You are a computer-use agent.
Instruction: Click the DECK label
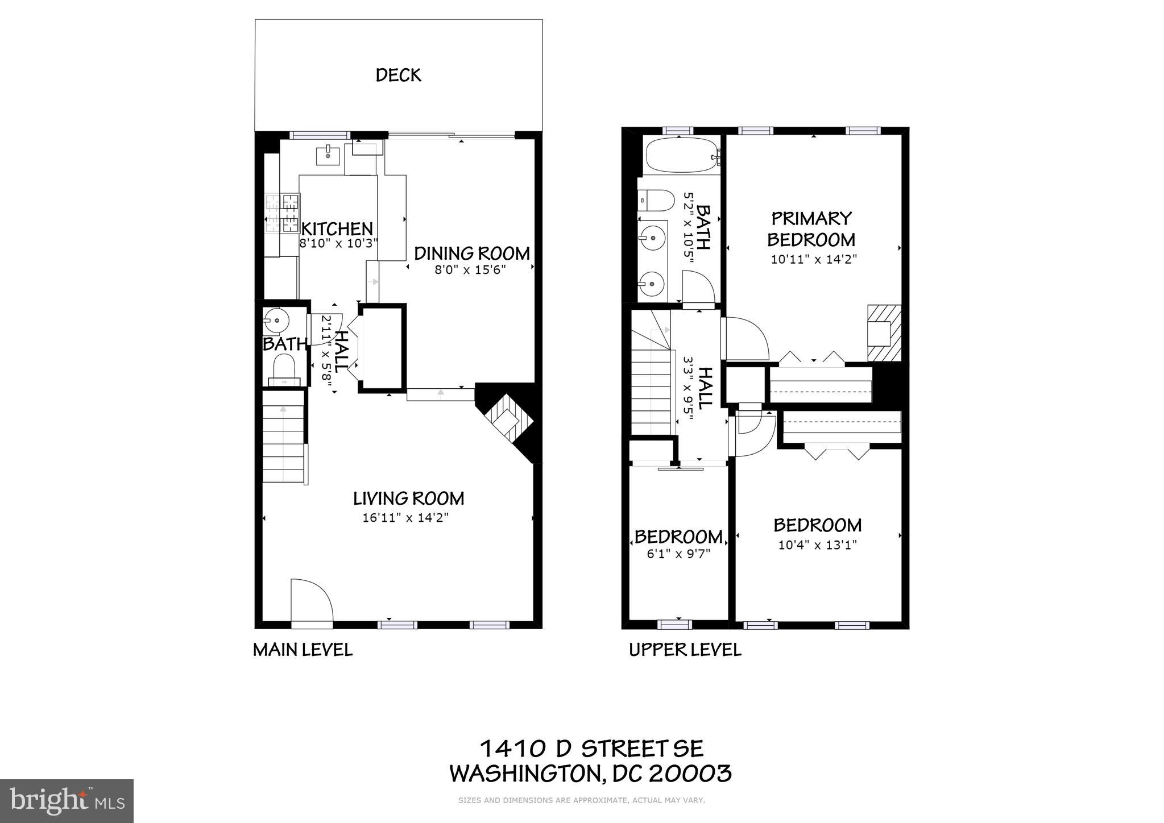[x=398, y=75]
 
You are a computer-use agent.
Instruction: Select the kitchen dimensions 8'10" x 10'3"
[x=338, y=243]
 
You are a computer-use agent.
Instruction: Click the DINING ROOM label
[x=471, y=253]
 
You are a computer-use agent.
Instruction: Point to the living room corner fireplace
[x=506, y=421]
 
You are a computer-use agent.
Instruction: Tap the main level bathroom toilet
[x=283, y=368]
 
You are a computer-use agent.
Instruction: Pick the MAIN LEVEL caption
[x=303, y=650]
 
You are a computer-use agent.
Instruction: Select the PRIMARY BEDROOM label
[x=811, y=228]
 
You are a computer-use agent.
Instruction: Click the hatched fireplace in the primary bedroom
[x=884, y=333]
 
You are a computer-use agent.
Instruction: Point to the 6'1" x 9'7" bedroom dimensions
[x=678, y=554]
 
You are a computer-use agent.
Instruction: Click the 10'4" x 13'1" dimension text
[x=817, y=545]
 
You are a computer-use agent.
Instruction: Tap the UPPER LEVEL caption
[x=685, y=650]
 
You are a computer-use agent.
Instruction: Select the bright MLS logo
[x=67, y=801]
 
